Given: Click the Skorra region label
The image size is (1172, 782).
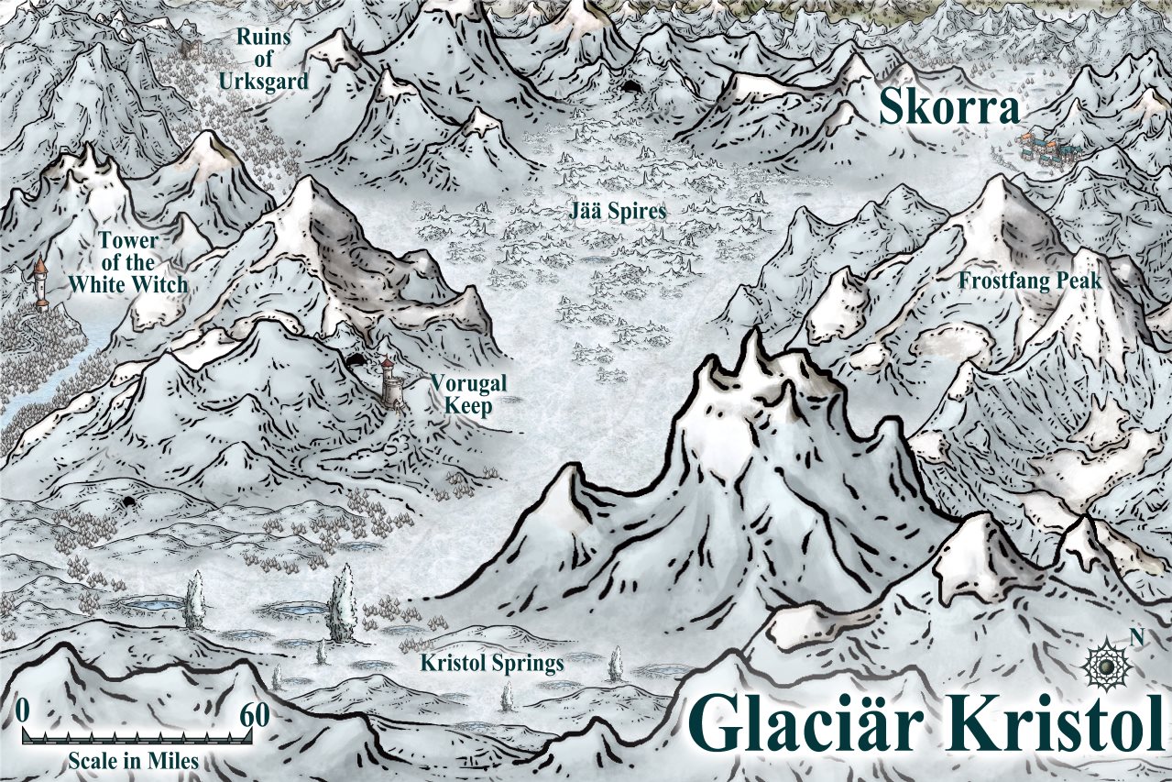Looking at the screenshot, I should pos(949,108).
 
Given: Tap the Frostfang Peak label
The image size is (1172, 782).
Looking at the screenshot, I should pos(1030,281).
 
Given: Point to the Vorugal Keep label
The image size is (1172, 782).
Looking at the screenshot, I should pos(468,394).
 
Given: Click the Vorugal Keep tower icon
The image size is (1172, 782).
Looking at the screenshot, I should pos(391,382).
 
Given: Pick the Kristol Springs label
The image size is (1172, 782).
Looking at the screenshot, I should pos(491,663).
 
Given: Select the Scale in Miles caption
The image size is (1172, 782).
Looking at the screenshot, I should pos(133,761).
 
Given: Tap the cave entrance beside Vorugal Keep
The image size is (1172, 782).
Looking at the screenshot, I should pos(355,360).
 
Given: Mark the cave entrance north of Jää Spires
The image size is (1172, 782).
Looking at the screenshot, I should pos(632,87).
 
